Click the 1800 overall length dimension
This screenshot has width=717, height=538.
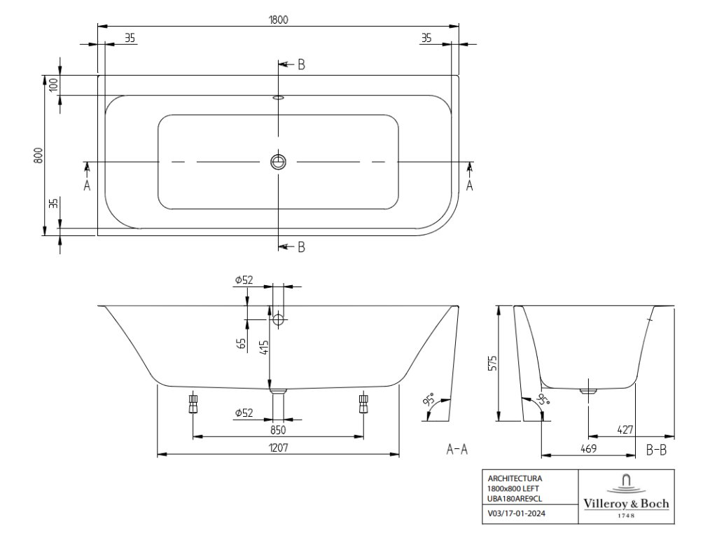point(277,20)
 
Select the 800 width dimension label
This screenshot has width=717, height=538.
point(39,155)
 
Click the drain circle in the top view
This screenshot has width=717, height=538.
point(278,162)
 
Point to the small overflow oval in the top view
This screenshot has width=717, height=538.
point(278,98)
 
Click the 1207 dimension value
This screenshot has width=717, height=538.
point(278,447)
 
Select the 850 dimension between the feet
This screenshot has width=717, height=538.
point(278,429)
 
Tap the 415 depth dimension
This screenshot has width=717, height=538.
point(263,348)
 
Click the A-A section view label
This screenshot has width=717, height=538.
point(457,450)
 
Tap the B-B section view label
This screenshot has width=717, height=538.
point(655,450)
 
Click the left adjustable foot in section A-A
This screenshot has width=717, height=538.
point(193,403)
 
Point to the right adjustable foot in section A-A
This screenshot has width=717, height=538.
point(363,403)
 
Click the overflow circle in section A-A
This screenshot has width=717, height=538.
point(279,320)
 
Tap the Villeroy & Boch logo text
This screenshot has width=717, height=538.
point(626,504)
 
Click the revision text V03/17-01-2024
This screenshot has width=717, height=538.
point(517,514)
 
